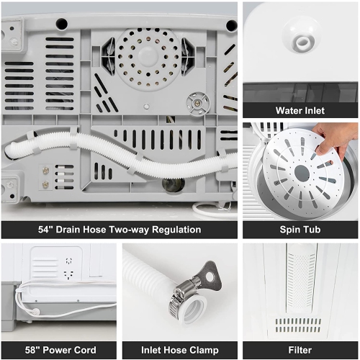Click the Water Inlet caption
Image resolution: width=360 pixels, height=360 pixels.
pos(300,111)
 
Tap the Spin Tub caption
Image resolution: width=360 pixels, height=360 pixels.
pos(300,230)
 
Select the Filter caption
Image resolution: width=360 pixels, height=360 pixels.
pos(300,350)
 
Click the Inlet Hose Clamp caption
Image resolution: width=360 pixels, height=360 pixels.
pos(180,350)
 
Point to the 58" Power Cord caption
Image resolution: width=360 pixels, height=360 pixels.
pos(60,350)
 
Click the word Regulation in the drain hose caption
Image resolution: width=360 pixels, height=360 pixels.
pos(176,230)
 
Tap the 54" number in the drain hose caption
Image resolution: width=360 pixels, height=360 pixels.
pos(45,230)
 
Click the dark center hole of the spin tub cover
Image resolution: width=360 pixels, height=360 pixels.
pos(302,172)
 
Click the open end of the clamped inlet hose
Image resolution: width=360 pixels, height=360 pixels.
pos(194,310)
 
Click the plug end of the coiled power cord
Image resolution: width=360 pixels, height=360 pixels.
pos(35,312)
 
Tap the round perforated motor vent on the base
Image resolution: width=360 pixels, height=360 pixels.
pos(148,56)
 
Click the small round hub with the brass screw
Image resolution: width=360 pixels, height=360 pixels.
pos(198,104)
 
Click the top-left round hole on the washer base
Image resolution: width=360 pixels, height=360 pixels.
pos(61,24)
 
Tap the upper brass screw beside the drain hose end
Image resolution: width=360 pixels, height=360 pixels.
pos(45,171)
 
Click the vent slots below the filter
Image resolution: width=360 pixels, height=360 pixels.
pos(298,325)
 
